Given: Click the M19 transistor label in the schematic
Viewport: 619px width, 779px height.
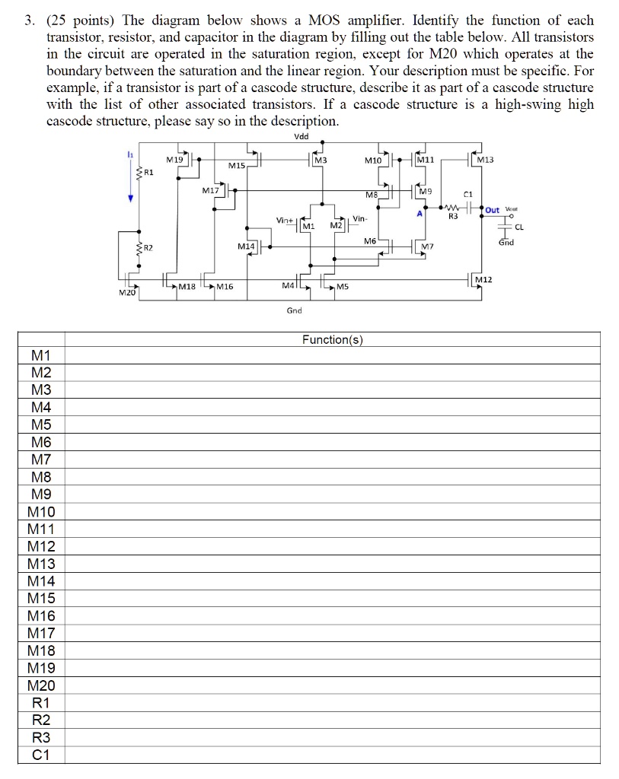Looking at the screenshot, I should pos(174,161).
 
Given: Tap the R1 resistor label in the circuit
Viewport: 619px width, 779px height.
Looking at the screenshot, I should pos(148,173).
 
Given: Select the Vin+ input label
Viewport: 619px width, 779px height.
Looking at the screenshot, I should pos(286,220).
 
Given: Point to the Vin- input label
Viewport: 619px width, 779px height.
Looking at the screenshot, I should pos(360,219).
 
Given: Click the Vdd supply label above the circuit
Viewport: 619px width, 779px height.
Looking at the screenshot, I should pos(302,137).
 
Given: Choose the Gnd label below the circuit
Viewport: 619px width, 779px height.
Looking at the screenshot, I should pos(295,310).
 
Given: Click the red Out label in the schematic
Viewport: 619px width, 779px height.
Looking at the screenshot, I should pos(493,210).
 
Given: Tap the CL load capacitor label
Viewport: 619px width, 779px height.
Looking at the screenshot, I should pos(519,226).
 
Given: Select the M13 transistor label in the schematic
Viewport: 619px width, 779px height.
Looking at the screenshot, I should pos(484,160).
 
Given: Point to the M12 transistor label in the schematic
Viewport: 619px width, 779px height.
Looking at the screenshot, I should pos(483,281).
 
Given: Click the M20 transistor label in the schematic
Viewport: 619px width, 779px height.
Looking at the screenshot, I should pos(126,293).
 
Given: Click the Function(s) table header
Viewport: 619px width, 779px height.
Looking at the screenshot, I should pos(333,340).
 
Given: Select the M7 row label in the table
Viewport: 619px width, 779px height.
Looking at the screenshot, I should pos(41,459).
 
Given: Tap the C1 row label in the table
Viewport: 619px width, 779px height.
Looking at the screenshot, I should pos(41,755).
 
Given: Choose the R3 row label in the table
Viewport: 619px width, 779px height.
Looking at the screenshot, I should pos(41,737).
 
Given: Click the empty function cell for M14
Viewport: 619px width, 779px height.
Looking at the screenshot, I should pos(333,581).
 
